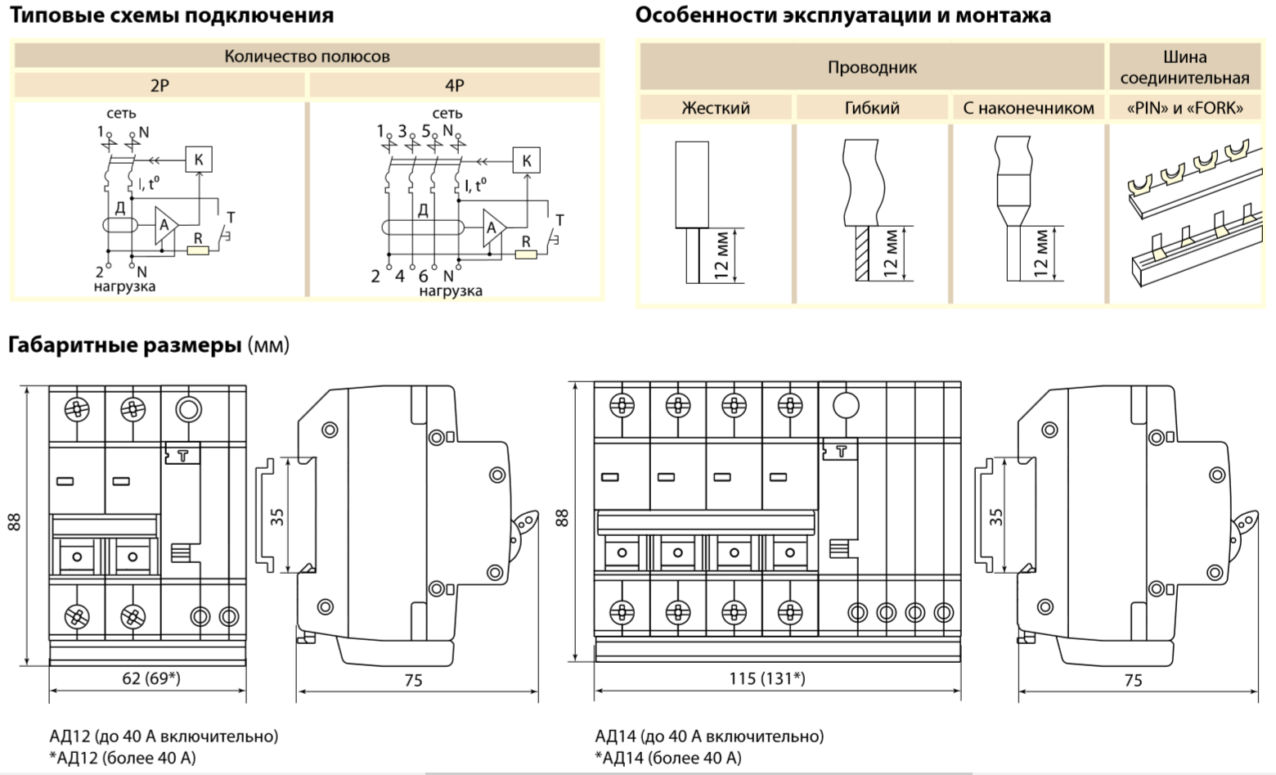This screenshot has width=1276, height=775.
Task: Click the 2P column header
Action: pyautogui.click(x=159, y=85)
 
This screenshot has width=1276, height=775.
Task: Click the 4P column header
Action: pyautogui.click(x=454, y=85)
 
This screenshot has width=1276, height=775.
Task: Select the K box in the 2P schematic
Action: pyautogui.click(x=199, y=160)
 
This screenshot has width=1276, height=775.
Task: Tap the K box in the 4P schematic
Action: pyautogui.click(x=526, y=160)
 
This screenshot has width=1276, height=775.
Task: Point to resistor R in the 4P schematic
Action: pyautogui.click(x=526, y=255)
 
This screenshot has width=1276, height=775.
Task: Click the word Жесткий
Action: pyautogui.click(x=716, y=108)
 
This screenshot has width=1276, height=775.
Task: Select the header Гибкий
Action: pyautogui.click(x=872, y=108)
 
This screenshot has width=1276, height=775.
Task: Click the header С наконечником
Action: pyautogui.click(x=1028, y=108)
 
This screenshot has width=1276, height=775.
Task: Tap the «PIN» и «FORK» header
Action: pyautogui.click(x=1184, y=108)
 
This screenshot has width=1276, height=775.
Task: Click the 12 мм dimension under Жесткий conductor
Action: pyautogui.click(x=721, y=255)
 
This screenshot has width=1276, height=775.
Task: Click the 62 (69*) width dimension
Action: pyautogui.click(x=151, y=678)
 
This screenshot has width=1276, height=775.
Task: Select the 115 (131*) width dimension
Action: pyautogui.click(x=766, y=678)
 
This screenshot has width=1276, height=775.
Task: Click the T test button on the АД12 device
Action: pyautogui.click(x=182, y=455)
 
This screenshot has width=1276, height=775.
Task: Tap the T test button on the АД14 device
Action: pyautogui.click(x=840, y=449)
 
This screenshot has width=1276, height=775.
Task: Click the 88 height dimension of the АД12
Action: pyautogui.click(x=15, y=522)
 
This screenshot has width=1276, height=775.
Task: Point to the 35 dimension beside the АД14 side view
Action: pyautogui.click(x=995, y=517)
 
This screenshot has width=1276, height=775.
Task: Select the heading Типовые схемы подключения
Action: pyautogui.click(x=172, y=16)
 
